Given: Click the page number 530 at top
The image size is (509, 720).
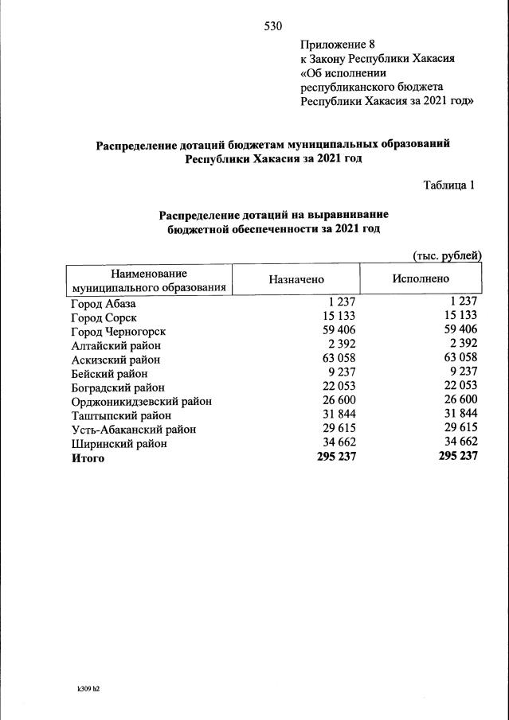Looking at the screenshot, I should [273, 25].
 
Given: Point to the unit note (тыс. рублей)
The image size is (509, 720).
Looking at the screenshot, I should [448, 255].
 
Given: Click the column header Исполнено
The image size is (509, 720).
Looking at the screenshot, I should [421, 278].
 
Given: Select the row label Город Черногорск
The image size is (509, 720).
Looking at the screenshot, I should [119, 331].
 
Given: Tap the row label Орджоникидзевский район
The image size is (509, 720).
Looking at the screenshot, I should [142, 401].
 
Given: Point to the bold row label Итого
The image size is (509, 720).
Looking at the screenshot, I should [88, 458].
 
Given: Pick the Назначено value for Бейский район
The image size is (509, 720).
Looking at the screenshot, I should [341, 373].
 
